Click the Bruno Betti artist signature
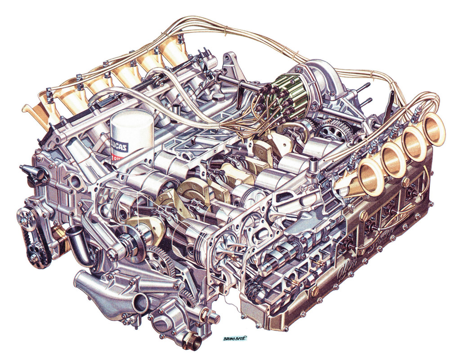click(234, 337)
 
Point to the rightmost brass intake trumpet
click(434, 129)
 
